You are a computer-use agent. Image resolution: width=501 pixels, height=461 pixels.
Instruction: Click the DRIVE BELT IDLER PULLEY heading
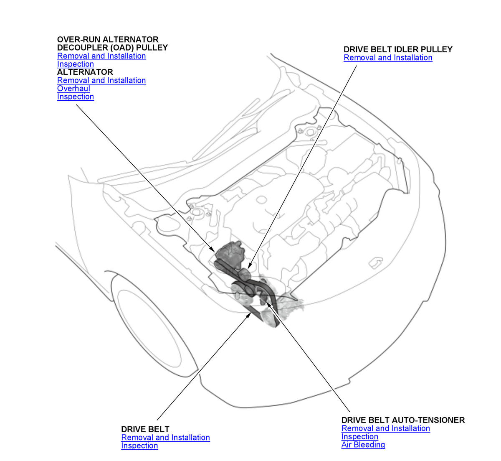click(397, 49)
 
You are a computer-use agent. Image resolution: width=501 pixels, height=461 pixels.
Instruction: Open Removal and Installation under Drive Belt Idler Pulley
click(388, 58)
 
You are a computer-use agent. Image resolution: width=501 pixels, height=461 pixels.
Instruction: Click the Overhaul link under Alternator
click(73, 88)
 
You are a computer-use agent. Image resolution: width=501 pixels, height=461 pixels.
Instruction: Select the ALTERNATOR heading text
click(85, 72)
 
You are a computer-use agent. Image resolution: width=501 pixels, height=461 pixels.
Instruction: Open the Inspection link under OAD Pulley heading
click(76, 64)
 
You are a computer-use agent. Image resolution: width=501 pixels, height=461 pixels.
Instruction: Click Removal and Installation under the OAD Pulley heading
click(101, 56)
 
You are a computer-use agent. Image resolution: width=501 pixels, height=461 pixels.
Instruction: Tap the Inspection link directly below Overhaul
click(76, 97)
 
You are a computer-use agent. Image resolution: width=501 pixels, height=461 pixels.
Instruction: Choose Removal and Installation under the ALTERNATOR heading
click(101, 80)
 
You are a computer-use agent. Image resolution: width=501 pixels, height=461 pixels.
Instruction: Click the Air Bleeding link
click(363, 445)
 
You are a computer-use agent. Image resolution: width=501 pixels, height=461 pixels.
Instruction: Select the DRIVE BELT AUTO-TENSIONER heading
click(403, 420)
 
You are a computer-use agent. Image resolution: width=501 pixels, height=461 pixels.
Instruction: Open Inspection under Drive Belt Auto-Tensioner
click(359, 436)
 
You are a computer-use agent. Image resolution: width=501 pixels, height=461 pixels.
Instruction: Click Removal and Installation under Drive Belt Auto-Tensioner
click(386, 428)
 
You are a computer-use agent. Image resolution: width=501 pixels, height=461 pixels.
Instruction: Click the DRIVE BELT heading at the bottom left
click(145, 429)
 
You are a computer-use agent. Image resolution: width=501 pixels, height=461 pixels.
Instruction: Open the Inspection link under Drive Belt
click(139, 446)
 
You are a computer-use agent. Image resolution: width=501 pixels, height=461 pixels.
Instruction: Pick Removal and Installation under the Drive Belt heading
click(165, 438)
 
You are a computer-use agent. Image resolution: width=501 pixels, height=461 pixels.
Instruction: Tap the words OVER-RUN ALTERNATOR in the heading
click(108, 40)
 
